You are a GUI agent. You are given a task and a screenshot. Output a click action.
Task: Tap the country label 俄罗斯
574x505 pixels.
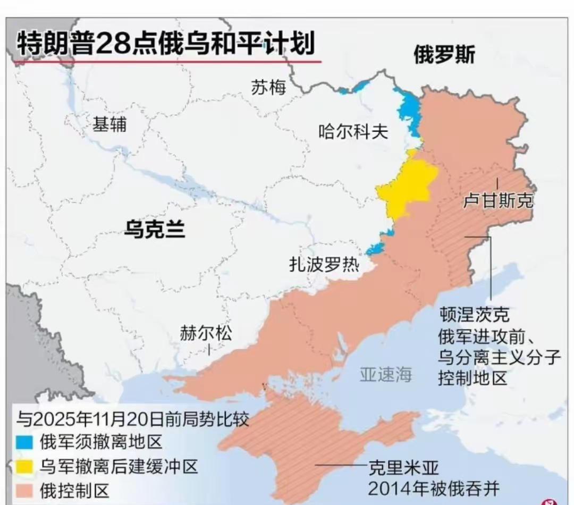[444, 54]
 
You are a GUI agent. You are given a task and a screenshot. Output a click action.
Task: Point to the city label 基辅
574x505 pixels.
[110, 124]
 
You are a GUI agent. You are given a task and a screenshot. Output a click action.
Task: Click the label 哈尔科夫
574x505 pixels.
[353, 131]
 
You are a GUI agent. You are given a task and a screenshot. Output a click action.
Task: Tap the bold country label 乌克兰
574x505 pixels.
[155, 229]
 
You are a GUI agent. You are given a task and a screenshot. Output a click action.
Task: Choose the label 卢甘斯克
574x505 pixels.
[497, 201]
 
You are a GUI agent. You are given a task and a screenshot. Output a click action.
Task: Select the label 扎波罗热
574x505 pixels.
[324, 264]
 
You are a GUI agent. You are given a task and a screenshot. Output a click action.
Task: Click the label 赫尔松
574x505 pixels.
[206, 333]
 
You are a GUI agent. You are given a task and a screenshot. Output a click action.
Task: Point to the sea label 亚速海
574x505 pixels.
[386, 375]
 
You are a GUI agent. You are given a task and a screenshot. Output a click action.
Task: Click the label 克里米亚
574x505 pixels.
[404, 468]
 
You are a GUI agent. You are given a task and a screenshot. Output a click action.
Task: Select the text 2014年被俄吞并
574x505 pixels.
[434, 487]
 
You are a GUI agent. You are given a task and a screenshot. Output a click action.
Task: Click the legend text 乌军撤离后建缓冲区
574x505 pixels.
[119, 467]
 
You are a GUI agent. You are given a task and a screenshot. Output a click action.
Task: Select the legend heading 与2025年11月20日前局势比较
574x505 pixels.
[132, 419]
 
